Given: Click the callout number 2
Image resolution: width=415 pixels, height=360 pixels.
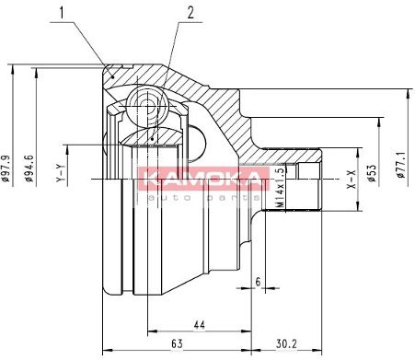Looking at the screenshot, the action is pos(190,13).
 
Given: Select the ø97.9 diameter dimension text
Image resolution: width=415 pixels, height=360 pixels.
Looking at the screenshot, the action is pos(6,168).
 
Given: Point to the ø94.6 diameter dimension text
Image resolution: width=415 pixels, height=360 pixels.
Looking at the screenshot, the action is pos(29,168).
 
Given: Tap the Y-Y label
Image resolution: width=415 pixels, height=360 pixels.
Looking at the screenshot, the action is pos(61,173).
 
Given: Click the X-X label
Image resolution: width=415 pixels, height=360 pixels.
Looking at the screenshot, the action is pos(351,179).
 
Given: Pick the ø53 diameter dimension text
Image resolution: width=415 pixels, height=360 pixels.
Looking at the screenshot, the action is pos(372,173).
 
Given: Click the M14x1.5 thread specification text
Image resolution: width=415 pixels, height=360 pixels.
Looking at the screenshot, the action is pos(280,188).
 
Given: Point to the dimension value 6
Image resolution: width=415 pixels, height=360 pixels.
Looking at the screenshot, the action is pos(258,282).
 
